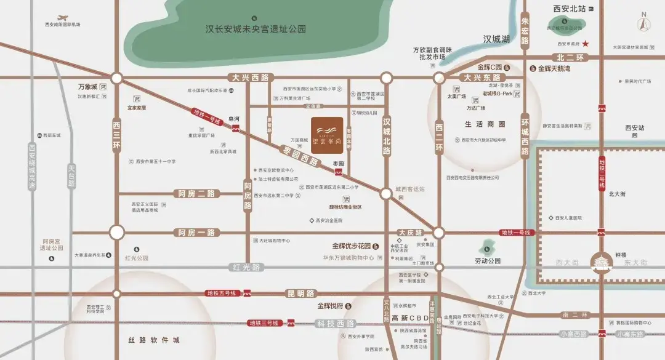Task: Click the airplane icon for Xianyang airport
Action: tap(62, 18)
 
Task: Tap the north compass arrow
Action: tap(644, 24)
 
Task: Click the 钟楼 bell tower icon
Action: tap(600, 263)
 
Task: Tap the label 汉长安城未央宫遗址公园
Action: tap(256, 29)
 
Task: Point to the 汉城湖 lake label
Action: tap(497, 39)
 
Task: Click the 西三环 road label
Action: tap(117, 136)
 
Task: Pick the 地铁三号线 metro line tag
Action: tap(264, 323)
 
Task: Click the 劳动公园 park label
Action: tap(487, 261)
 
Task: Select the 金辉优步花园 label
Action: tap(351, 246)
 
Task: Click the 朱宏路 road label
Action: tap(525, 31)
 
